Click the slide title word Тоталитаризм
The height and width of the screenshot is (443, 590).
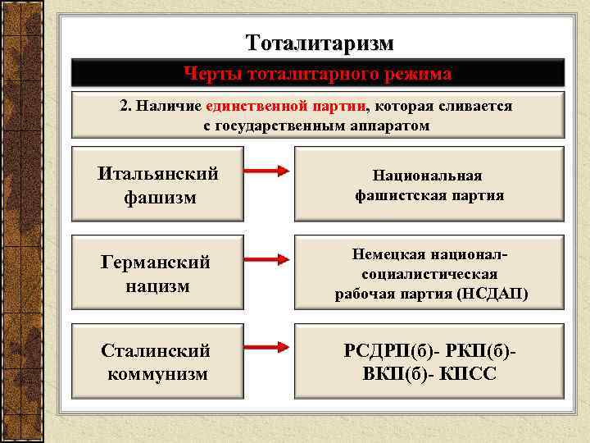[320, 42]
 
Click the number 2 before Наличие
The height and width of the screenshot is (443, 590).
[124, 107]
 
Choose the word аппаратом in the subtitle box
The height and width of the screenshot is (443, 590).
[392, 126]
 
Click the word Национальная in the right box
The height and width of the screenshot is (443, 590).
[428, 176]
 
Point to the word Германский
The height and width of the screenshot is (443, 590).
[156, 263]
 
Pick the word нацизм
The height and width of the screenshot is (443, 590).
[157, 285]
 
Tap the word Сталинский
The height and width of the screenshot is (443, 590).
[155, 351]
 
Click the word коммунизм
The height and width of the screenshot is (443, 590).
[157, 374]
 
